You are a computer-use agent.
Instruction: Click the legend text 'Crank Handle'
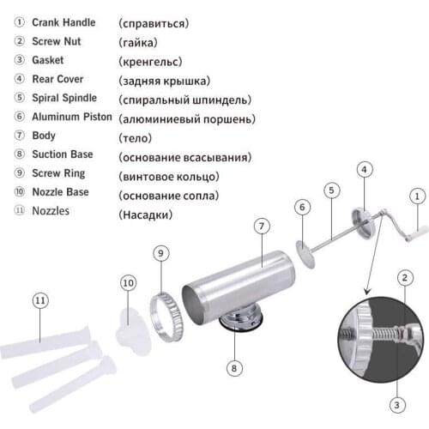(x=63, y=22)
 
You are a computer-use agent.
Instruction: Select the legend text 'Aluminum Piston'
(x=71, y=117)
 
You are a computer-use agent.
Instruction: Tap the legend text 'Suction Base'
(x=63, y=154)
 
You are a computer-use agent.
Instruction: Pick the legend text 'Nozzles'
(x=51, y=210)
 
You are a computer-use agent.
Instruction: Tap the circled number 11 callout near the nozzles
(x=40, y=300)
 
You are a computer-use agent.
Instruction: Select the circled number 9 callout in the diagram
(x=160, y=253)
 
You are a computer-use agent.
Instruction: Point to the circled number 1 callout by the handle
(x=416, y=196)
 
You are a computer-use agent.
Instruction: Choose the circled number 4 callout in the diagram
(x=365, y=170)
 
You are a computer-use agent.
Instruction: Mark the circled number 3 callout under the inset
(x=396, y=405)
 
